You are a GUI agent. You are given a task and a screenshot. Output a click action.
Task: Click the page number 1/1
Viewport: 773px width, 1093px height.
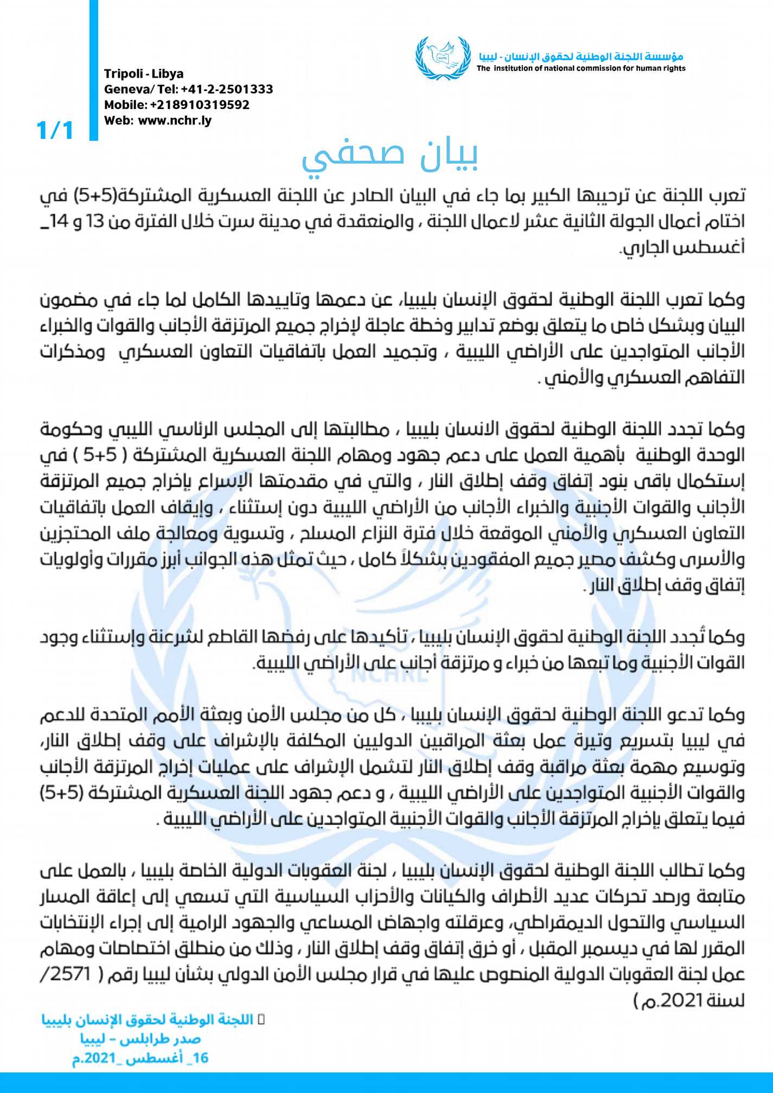pos(54,130)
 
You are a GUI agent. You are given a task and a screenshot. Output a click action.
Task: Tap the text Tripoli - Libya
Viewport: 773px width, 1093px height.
pos(144,74)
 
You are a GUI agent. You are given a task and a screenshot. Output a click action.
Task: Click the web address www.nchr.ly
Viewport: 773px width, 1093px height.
pos(175,120)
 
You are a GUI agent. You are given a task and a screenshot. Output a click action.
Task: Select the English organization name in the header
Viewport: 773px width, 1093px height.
pos(581,68)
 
